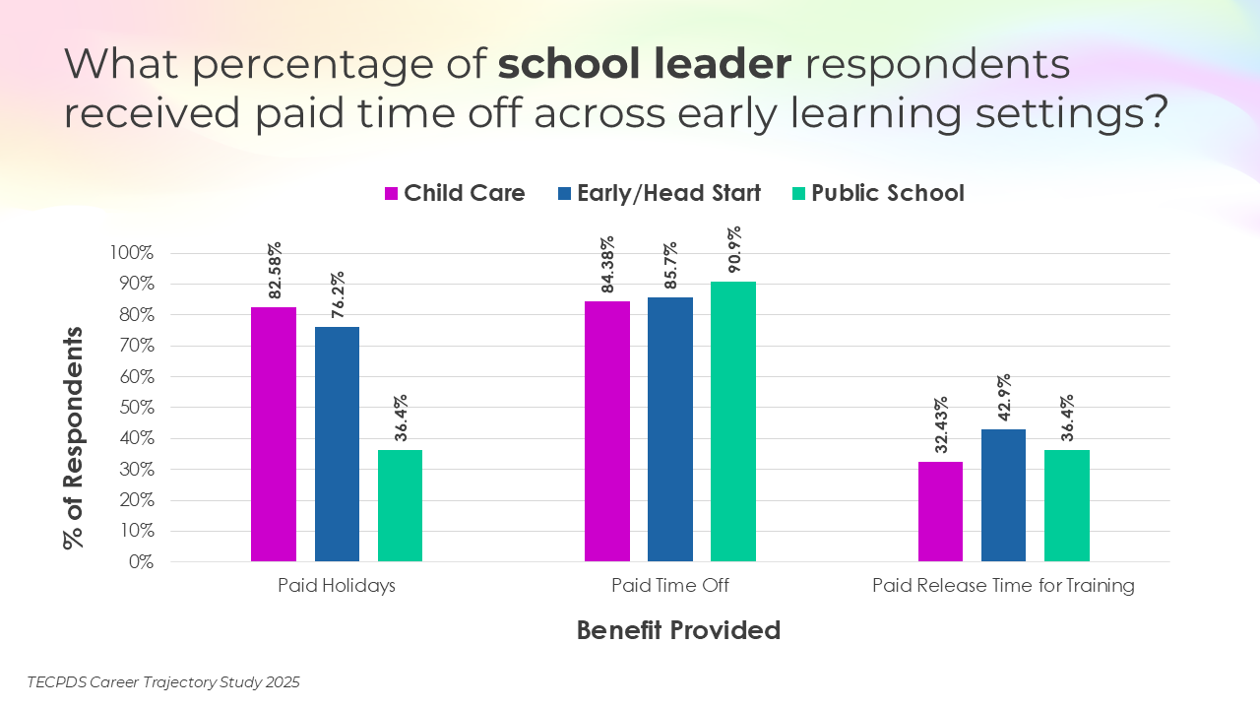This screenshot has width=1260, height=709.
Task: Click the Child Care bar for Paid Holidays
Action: tap(274, 434)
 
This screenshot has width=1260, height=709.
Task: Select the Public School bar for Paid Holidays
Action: tap(400, 505)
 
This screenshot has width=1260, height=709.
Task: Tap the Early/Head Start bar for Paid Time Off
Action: tap(669, 429)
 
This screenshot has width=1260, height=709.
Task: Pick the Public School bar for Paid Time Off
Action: tap(733, 421)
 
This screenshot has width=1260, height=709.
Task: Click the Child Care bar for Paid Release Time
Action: tap(940, 511)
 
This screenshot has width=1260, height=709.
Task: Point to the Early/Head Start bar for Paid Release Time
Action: tap(1003, 495)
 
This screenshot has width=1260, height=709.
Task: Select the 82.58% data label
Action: tap(275, 270)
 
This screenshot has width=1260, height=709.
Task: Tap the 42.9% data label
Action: tap(1004, 398)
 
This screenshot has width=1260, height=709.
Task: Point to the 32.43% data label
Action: tap(941, 424)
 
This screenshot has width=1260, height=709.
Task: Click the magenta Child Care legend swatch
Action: tap(391, 194)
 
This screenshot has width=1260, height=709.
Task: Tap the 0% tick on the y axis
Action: tap(139, 562)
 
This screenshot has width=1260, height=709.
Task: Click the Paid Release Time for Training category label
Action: tap(1003, 586)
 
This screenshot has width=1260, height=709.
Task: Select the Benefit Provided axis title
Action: tap(678, 630)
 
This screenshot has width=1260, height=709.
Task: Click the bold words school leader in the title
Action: tap(645, 65)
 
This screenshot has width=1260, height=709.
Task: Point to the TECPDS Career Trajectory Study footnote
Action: tap(163, 681)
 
